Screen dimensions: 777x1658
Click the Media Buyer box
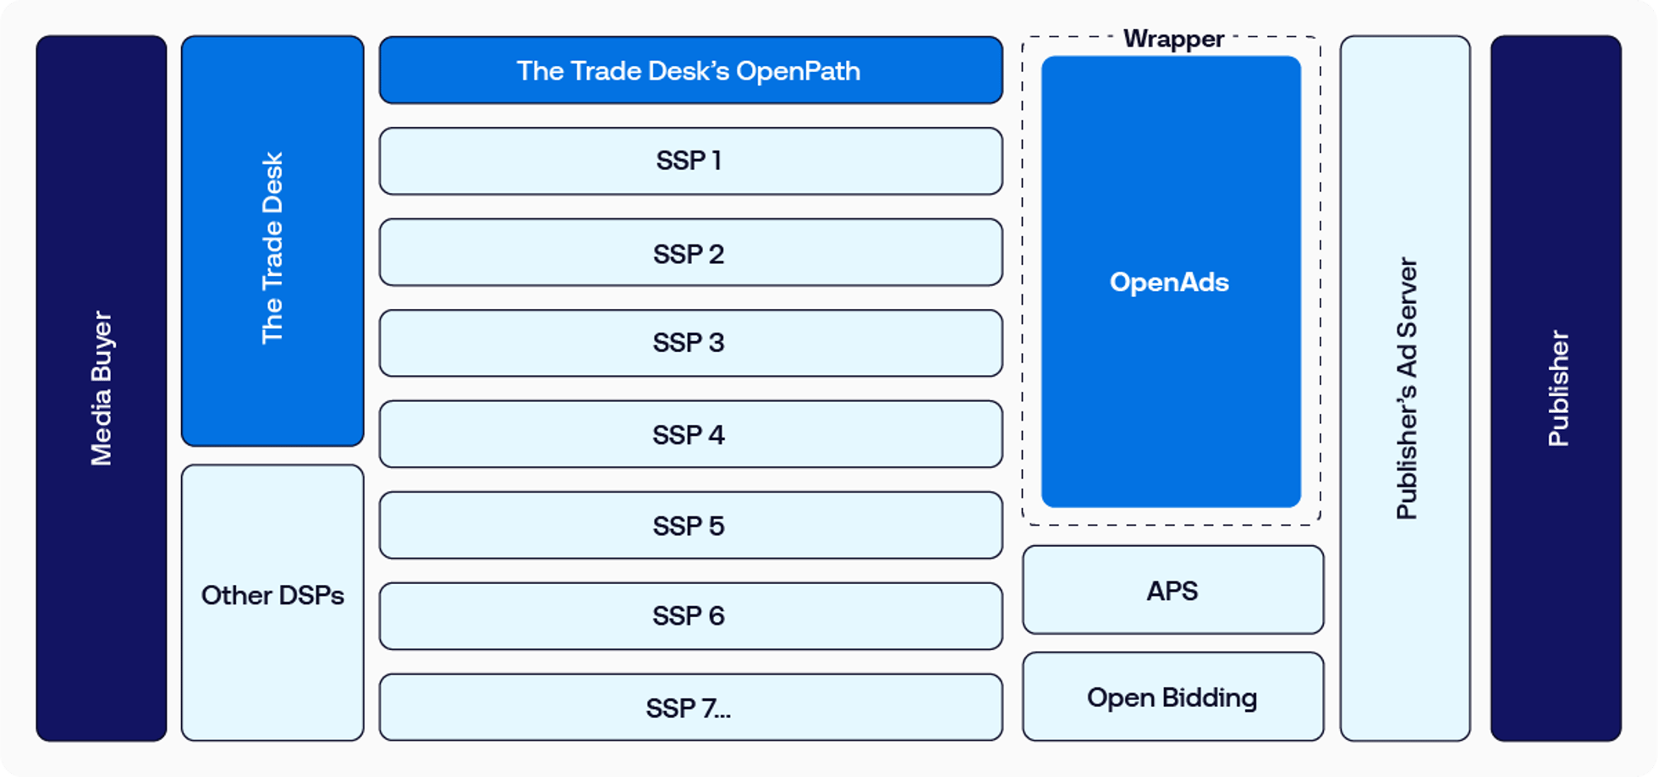[x=102, y=388]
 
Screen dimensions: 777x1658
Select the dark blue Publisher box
[x=1556, y=388]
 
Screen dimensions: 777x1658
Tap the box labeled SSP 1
[x=690, y=161]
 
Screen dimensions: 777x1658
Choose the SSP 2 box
[x=690, y=253]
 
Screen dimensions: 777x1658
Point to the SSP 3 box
[x=690, y=343]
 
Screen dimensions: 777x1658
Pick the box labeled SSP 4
[x=690, y=434]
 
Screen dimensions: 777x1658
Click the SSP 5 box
[x=690, y=526]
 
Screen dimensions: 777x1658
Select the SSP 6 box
[x=690, y=616]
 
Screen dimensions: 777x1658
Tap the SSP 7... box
[x=690, y=708]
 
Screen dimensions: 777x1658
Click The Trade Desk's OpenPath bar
[x=690, y=70]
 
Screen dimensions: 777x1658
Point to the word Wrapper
[x=1173, y=39]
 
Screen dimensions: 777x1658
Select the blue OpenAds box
[x=1171, y=282]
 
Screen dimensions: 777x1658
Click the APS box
[x=1172, y=590]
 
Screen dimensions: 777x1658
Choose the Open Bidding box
[x=1172, y=697]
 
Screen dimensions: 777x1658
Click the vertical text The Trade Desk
[x=272, y=248]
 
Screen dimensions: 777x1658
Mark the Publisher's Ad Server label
[x=1406, y=388]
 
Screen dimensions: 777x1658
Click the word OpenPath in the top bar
[x=798, y=71]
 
